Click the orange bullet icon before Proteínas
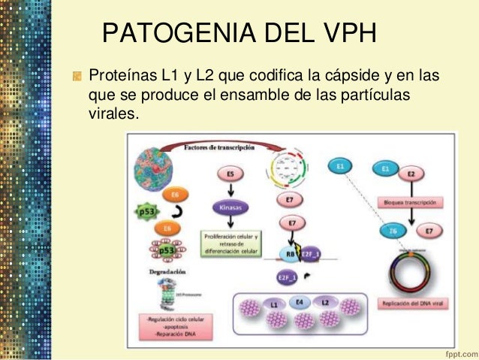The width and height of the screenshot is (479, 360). [77, 77]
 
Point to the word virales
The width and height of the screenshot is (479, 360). [113, 116]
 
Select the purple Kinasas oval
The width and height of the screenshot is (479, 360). [230, 205]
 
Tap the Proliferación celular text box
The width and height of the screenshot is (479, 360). [230, 243]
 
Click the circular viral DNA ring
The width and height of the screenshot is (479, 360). [410, 269]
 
